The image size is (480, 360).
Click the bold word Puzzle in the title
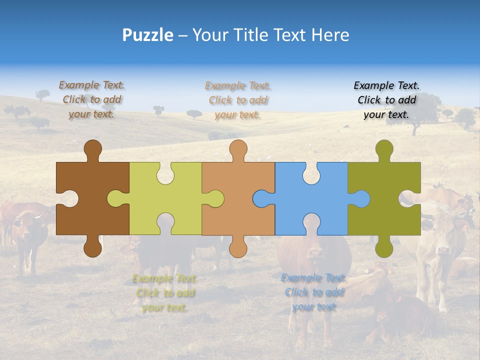pyautogui.click(x=148, y=35)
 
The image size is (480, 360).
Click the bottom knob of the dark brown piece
pyautogui.click(x=92, y=248)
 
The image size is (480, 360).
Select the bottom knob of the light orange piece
pyautogui.click(x=238, y=248)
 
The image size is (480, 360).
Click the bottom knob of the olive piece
pyautogui.click(x=384, y=248)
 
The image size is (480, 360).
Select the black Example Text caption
pyautogui.click(x=386, y=100)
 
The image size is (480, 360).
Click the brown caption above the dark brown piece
pyautogui.click(x=91, y=99)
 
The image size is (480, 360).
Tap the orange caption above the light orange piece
pyautogui.click(x=238, y=100)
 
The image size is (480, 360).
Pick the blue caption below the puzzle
pyautogui.click(x=314, y=292)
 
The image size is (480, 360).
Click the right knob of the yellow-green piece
pyautogui.click(x=215, y=198)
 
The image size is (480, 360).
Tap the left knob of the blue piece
pyautogui.click(x=261, y=198)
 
